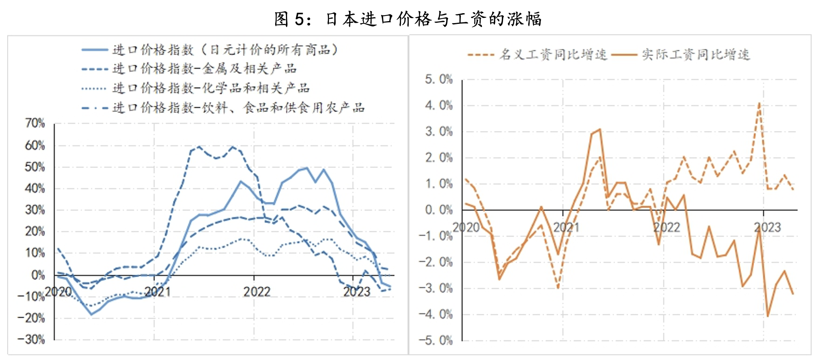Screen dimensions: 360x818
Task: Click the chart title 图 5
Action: click(x=408, y=19)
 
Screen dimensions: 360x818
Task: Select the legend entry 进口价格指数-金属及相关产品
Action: click(x=204, y=69)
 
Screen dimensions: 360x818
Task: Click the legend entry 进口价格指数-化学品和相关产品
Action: click(x=211, y=88)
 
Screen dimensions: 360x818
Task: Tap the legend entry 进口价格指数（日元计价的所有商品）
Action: click(x=225, y=50)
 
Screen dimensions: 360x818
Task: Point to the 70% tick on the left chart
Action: click(x=35, y=123)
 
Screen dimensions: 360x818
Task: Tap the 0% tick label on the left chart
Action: click(x=38, y=275)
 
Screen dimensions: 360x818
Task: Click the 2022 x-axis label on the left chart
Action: click(x=257, y=292)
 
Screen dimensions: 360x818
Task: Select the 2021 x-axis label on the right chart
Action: click(x=566, y=227)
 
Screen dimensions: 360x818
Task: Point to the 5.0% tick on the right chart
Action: click(x=439, y=79)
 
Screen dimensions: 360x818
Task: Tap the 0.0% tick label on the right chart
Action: click(x=439, y=210)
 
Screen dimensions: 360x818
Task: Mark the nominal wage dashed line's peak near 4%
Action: click(x=759, y=103)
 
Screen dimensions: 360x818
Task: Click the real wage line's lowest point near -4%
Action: click(x=767, y=316)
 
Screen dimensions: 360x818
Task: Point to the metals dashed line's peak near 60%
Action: click(x=199, y=147)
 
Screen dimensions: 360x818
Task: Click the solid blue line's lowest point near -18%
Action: click(x=91, y=314)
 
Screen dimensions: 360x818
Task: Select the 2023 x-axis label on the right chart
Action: click(x=767, y=227)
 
